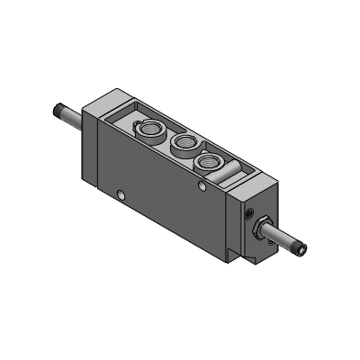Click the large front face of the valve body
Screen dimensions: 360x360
coord(153,198)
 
